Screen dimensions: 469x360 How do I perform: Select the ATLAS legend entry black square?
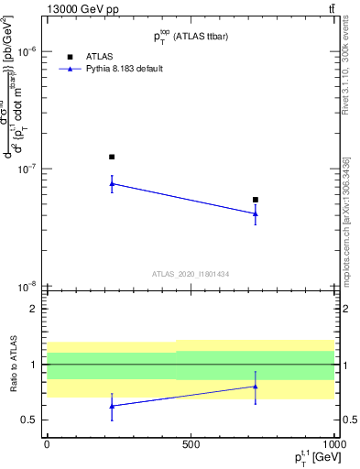click(x=71, y=57)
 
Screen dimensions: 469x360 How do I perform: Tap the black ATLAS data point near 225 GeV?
click(x=112, y=157)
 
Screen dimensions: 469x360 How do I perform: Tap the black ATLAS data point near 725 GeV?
click(x=256, y=200)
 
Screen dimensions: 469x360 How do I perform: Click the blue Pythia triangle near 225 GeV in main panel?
click(x=112, y=183)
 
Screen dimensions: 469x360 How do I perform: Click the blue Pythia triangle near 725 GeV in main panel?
click(x=256, y=213)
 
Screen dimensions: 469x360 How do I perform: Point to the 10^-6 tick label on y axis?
click(x=26, y=52)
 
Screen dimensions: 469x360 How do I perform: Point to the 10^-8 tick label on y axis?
click(x=26, y=287)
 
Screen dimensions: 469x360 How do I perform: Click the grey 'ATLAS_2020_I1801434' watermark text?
click(x=191, y=274)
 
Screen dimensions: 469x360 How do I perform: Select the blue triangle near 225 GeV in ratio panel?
click(x=112, y=405)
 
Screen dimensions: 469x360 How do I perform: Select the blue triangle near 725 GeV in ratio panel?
click(x=256, y=386)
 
